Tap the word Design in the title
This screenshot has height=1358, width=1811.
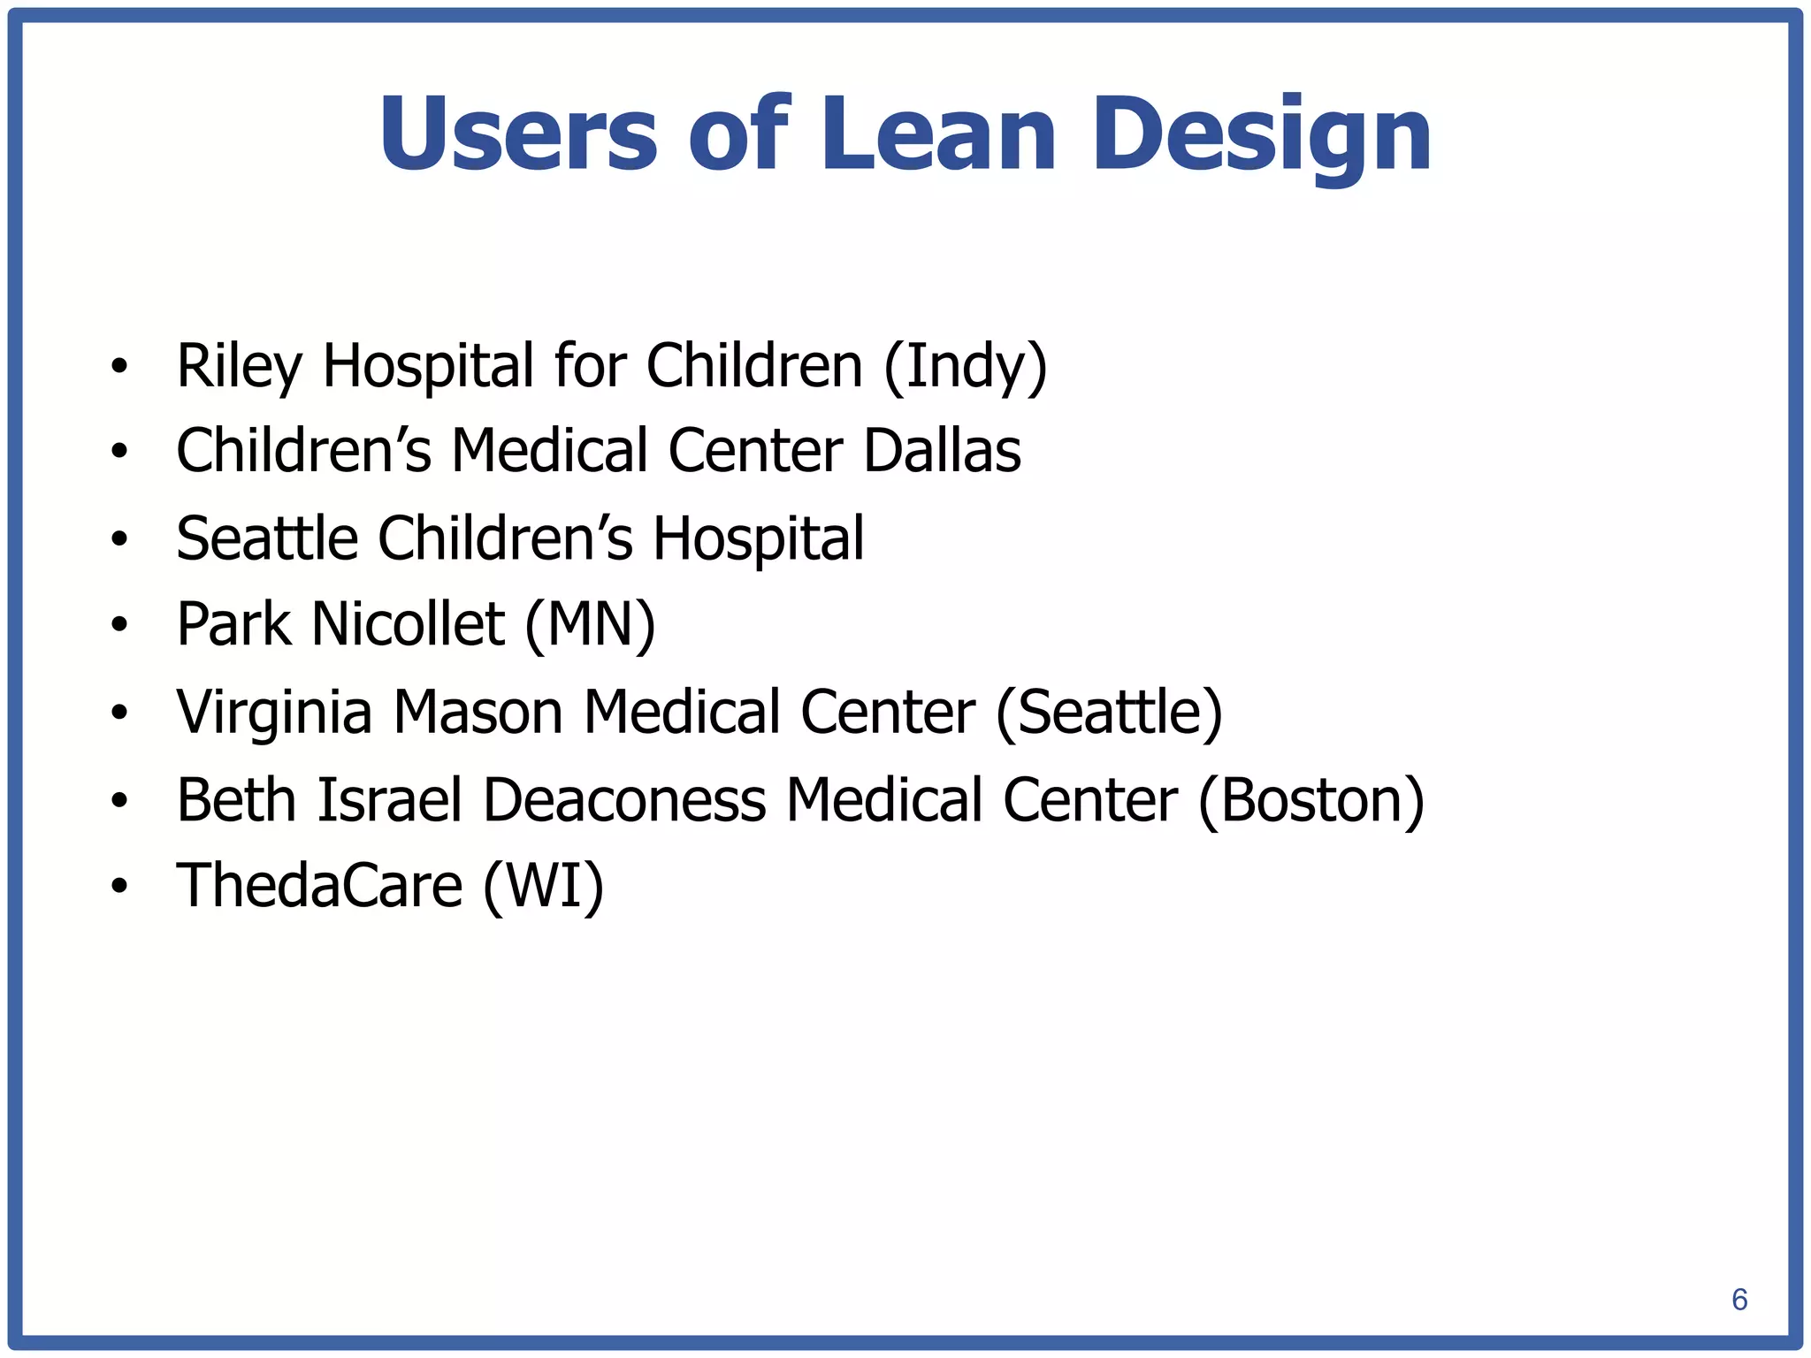(x=1262, y=134)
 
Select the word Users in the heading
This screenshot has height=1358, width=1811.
(x=518, y=134)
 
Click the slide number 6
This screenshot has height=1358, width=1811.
(x=1738, y=1299)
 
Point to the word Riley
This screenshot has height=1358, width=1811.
(x=239, y=366)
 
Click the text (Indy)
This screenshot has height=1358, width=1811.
(x=965, y=366)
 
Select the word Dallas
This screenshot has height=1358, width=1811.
(x=942, y=451)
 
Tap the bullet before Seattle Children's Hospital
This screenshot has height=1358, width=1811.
(x=120, y=538)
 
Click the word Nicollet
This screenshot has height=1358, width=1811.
(x=409, y=624)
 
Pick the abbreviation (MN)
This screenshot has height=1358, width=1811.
(x=590, y=624)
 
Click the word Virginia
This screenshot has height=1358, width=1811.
(x=274, y=713)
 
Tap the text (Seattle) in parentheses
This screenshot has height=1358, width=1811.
(x=1109, y=713)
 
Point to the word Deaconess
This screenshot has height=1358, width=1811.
(x=624, y=800)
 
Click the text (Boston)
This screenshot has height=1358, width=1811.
(x=1311, y=800)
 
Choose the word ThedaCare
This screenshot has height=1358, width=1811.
(x=319, y=886)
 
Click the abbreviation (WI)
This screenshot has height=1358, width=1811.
(x=543, y=886)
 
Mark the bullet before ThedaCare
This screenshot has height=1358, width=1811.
(x=120, y=886)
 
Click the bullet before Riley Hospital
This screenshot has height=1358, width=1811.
(x=120, y=366)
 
